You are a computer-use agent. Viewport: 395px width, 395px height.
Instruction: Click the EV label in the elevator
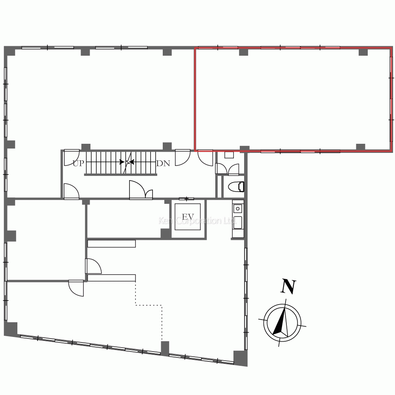click(x=188, y=217)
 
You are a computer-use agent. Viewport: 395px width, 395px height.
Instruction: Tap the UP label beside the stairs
click(x=78, y=163)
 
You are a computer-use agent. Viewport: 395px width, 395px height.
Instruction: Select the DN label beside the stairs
click(x=163, y=163)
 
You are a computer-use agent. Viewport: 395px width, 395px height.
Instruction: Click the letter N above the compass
click(x=288, y=287)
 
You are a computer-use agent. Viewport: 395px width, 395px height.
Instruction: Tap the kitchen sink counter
click(x=238, y=219)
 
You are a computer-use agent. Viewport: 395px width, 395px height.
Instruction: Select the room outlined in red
click(x=292, y=99)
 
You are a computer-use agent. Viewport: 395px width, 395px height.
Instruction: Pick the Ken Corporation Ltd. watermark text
click(x=196, y=221)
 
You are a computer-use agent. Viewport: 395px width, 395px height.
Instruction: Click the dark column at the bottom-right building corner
click(x=240, y=357)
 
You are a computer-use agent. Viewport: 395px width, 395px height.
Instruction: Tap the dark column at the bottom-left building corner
click(x=11, y=329)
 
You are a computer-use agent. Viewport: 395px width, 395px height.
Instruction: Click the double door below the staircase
click(x=141, y=190)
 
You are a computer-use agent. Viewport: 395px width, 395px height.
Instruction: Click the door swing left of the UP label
click(x=71, y=157)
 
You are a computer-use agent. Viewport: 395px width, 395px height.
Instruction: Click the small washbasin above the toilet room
click(x=229, y=155)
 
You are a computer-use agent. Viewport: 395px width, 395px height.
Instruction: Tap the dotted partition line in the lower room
click(x=149, y=305)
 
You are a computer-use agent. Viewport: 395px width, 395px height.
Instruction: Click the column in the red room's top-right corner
click(x=363, y=52)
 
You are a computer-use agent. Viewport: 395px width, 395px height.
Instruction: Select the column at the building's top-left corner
click(x=10, y=51)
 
